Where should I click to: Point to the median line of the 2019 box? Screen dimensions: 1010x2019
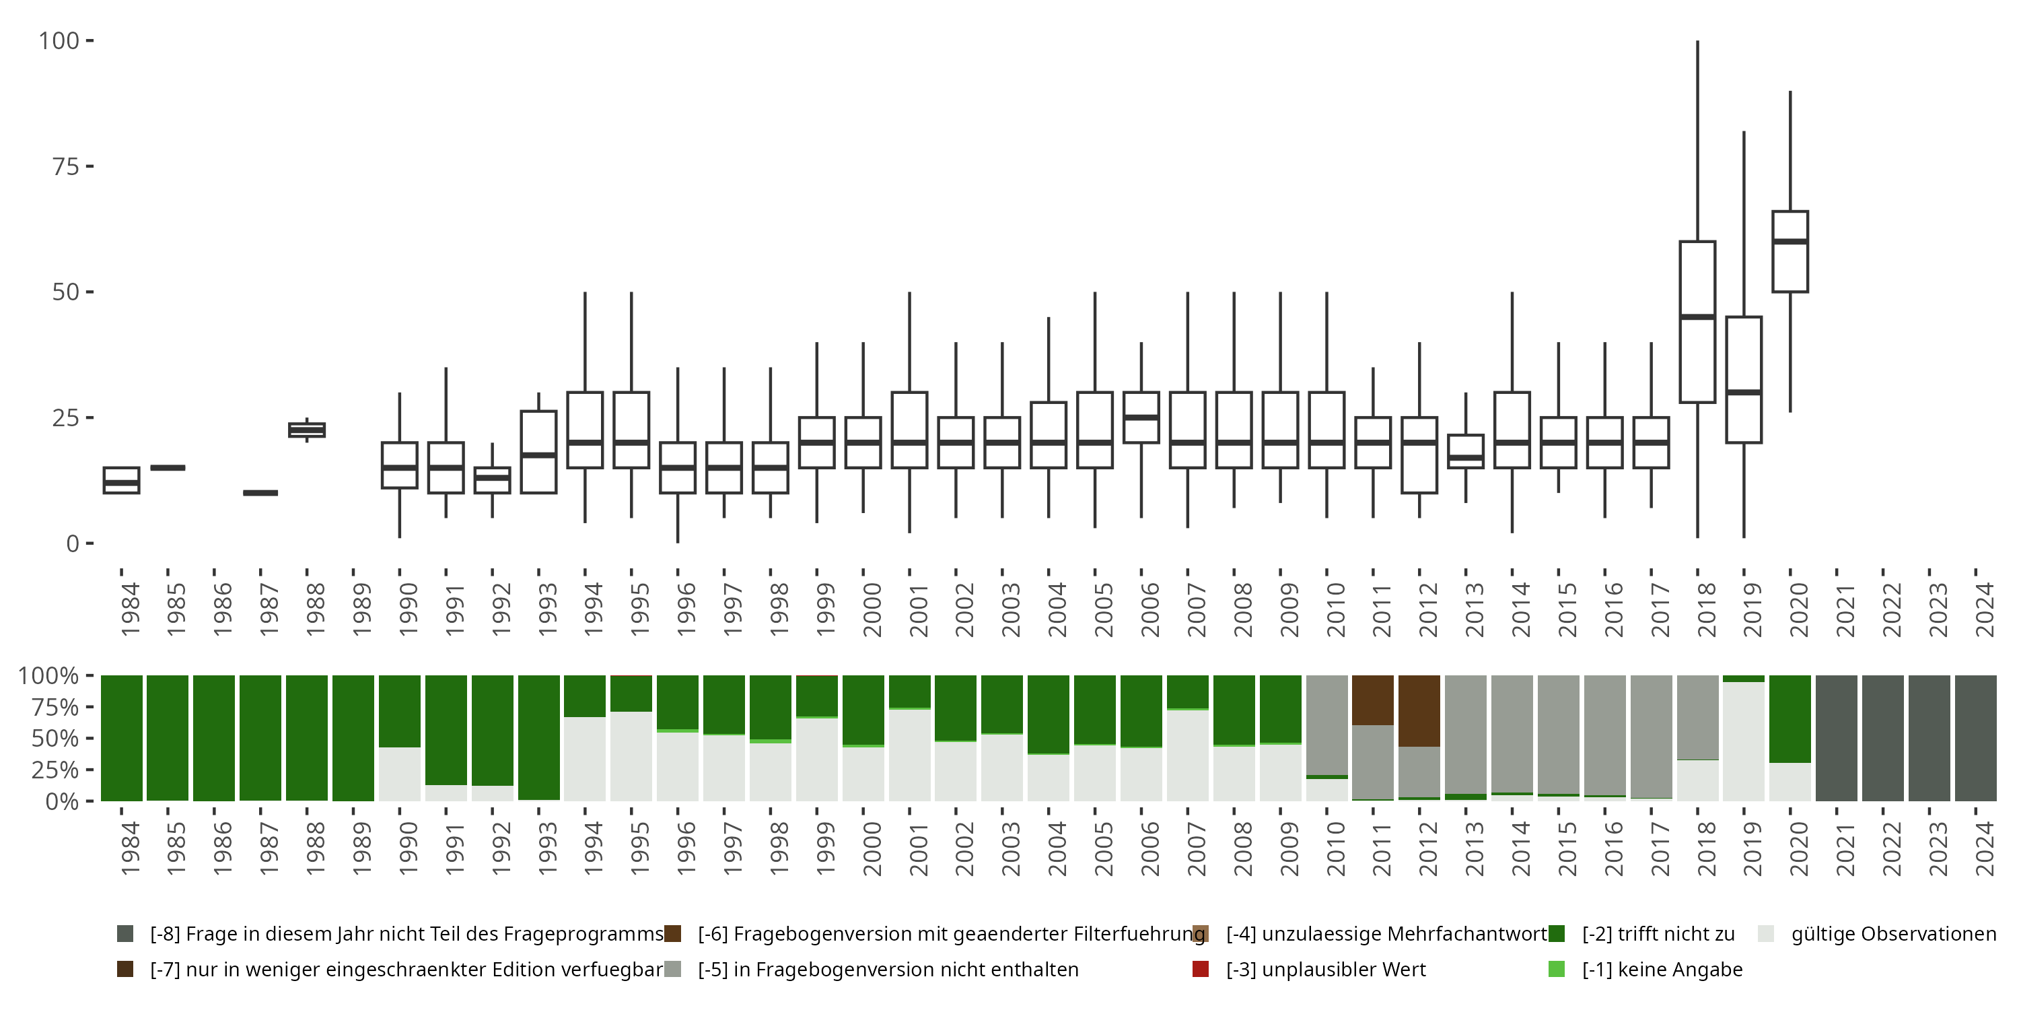click(1744, 392)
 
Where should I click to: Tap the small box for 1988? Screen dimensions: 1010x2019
click(306, 430)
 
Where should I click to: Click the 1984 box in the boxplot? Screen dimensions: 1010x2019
click(122, 480)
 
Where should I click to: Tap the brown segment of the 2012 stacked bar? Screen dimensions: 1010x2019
click(1419, 710)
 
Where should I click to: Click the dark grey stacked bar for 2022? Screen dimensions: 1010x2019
click(1882, 738)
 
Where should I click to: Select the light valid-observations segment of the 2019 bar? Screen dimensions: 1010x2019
click(1744, 741)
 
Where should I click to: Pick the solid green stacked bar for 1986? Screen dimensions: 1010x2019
click(214, 738)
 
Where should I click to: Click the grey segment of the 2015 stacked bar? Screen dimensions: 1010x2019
click(1558, 734)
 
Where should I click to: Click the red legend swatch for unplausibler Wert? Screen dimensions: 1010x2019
click(1200, 969)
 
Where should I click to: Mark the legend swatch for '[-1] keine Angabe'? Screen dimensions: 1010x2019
click(1557, 969)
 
